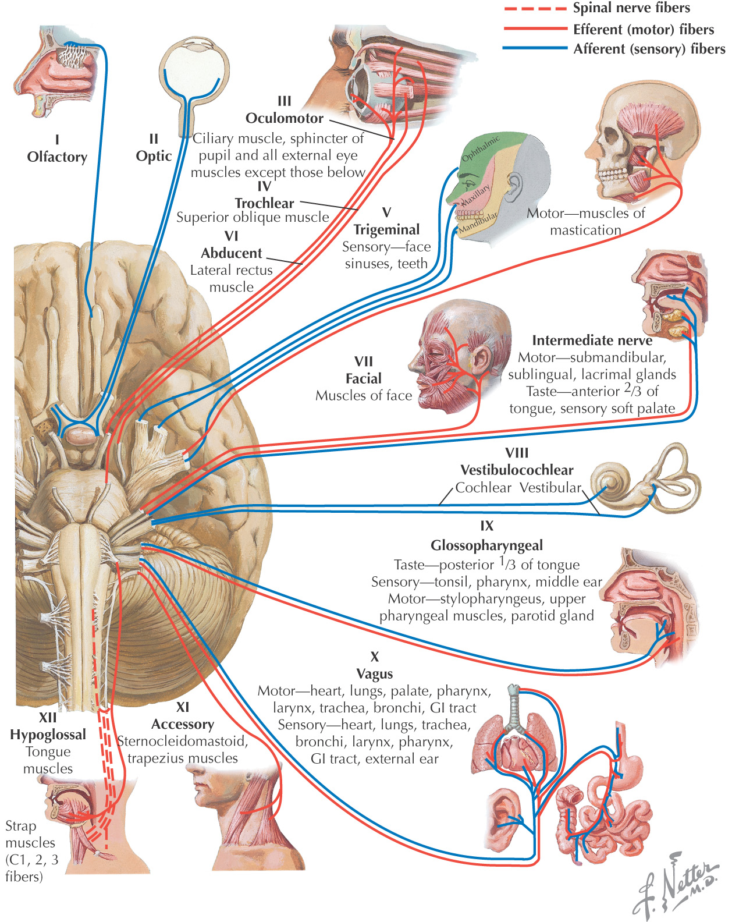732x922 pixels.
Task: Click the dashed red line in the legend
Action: click(x=535, y=9)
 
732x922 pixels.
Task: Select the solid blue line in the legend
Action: click(x=535, y=48)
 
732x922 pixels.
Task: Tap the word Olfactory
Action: click(x=57, y=157)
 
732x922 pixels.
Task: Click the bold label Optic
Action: click(x=154, y=156)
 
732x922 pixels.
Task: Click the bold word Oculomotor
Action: click(x=285, y=118)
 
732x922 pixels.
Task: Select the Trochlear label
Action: click(x=264, y=203)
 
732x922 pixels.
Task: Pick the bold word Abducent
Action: click(x=232, y=253)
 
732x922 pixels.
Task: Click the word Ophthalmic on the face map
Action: click(x=481, y=149)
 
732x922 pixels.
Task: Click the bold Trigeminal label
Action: click(x=386, y=229)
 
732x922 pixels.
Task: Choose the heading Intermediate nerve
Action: click(x=592, y=341)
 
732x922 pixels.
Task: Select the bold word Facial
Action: click(x=364, y=378)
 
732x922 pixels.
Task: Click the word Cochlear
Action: click(x=484, y=488)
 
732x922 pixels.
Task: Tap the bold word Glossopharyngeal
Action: click(x=487, y=545)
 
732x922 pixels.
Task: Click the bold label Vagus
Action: click(x=375, y=674)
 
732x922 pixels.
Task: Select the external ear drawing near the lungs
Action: click(x=503, y=815)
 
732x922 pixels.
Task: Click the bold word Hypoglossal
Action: click(x=48, y=735)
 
